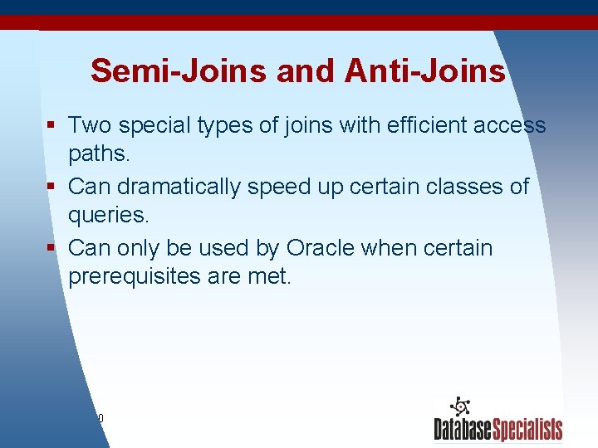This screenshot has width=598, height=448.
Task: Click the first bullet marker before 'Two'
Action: pos(51,126)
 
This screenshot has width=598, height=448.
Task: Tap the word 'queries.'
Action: pos(109,217)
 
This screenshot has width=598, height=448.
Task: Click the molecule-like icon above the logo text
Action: pos(460,407)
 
